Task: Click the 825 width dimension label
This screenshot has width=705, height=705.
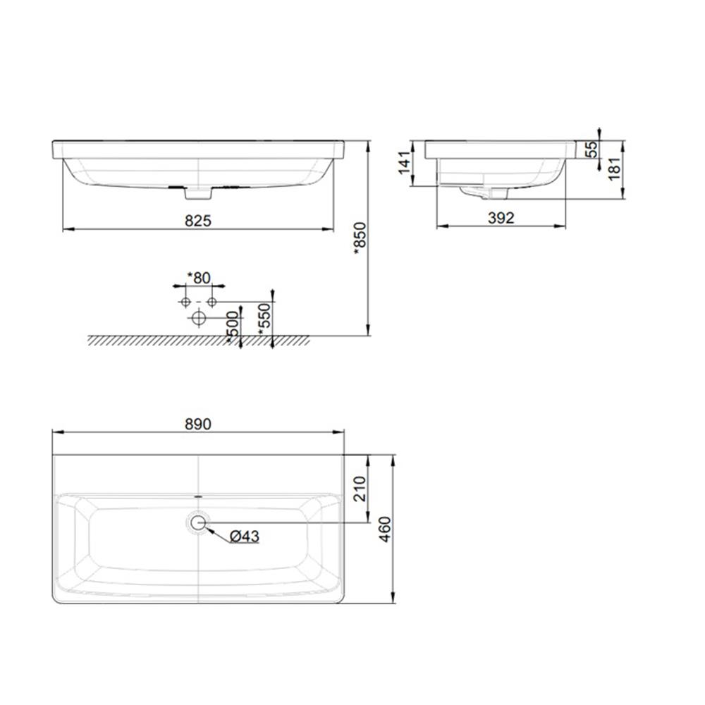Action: click(200, 221)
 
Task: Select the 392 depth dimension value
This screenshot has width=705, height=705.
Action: click(501, 219)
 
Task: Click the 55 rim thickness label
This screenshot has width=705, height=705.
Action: click(591, 149)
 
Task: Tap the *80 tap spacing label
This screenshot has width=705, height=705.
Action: click(198, 278)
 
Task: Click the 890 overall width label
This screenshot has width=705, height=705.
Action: click(199, 424)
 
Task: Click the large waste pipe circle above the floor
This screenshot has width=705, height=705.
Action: click(198, 319)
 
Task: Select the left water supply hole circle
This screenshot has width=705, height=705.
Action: click(185, 302)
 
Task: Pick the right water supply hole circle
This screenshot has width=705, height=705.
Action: click(211, 302)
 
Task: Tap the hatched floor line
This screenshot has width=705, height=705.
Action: click(198, 340)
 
